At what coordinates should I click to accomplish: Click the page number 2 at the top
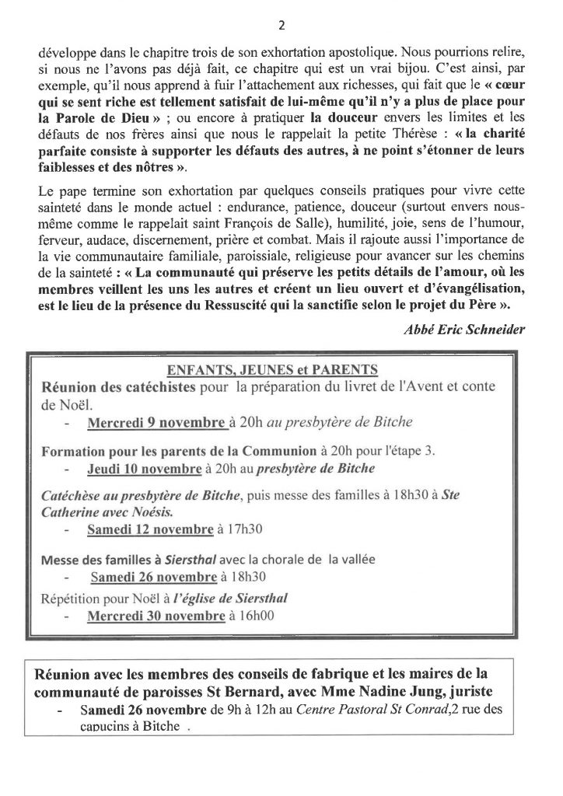point(281,24)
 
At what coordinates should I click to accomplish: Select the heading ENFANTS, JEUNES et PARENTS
point(279,368)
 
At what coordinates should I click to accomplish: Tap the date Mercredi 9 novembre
point(159,423)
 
